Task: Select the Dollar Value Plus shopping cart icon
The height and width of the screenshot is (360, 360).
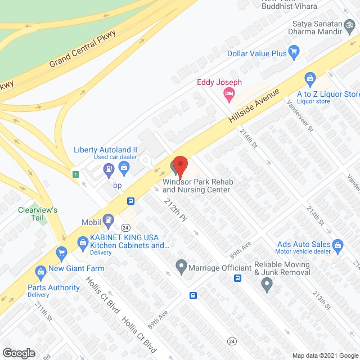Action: [294, 53]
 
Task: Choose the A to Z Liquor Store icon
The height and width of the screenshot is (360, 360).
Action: [309, 78]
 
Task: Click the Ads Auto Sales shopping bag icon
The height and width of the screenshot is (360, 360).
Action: [337, 244]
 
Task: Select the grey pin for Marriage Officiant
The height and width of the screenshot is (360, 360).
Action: [181, 265]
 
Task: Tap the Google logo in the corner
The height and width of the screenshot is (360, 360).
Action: [18, 353]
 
